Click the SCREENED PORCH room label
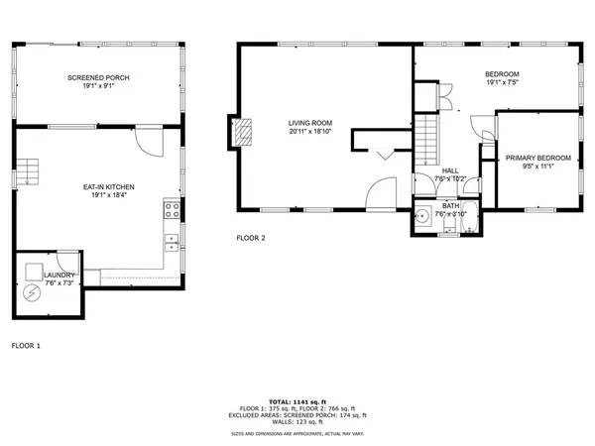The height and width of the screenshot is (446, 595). tap(98, 78)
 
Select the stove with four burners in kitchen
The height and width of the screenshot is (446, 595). tap(172, 210)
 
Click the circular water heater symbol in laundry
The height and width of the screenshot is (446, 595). tap(32, 293)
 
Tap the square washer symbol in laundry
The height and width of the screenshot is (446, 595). tap(35, 272)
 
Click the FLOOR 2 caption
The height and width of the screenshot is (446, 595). tap(251, 238)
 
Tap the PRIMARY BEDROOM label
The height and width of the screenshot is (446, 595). tap(537, 159)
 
